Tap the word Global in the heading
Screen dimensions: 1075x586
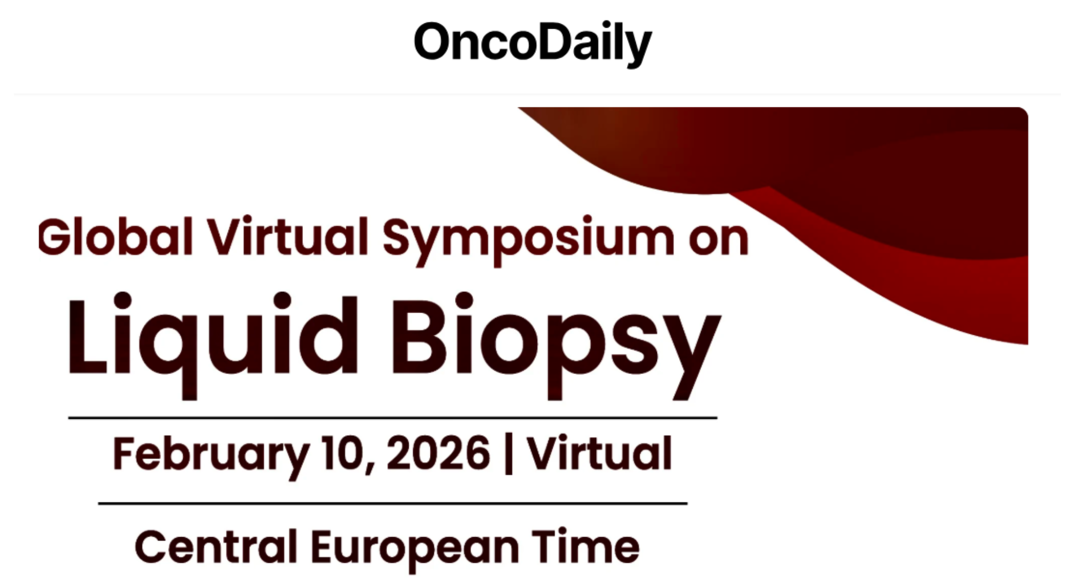(x=116, y=237)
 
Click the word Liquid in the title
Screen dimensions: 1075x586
(x=212, y=346)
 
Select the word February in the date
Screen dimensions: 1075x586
(x=211, y=456)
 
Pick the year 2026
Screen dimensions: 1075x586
(x=438, y=453)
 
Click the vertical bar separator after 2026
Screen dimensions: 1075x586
(x=508, y=454)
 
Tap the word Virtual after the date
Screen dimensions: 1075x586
(x=599, y=453)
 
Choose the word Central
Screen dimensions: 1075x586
(x=216, y=546)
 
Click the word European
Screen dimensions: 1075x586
(x=415, y=550)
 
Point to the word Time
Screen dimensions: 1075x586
(x=586, y=545)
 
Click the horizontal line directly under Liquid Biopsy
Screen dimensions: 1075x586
(x=393, y=418)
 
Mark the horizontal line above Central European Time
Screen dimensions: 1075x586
(x=393, y=504)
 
